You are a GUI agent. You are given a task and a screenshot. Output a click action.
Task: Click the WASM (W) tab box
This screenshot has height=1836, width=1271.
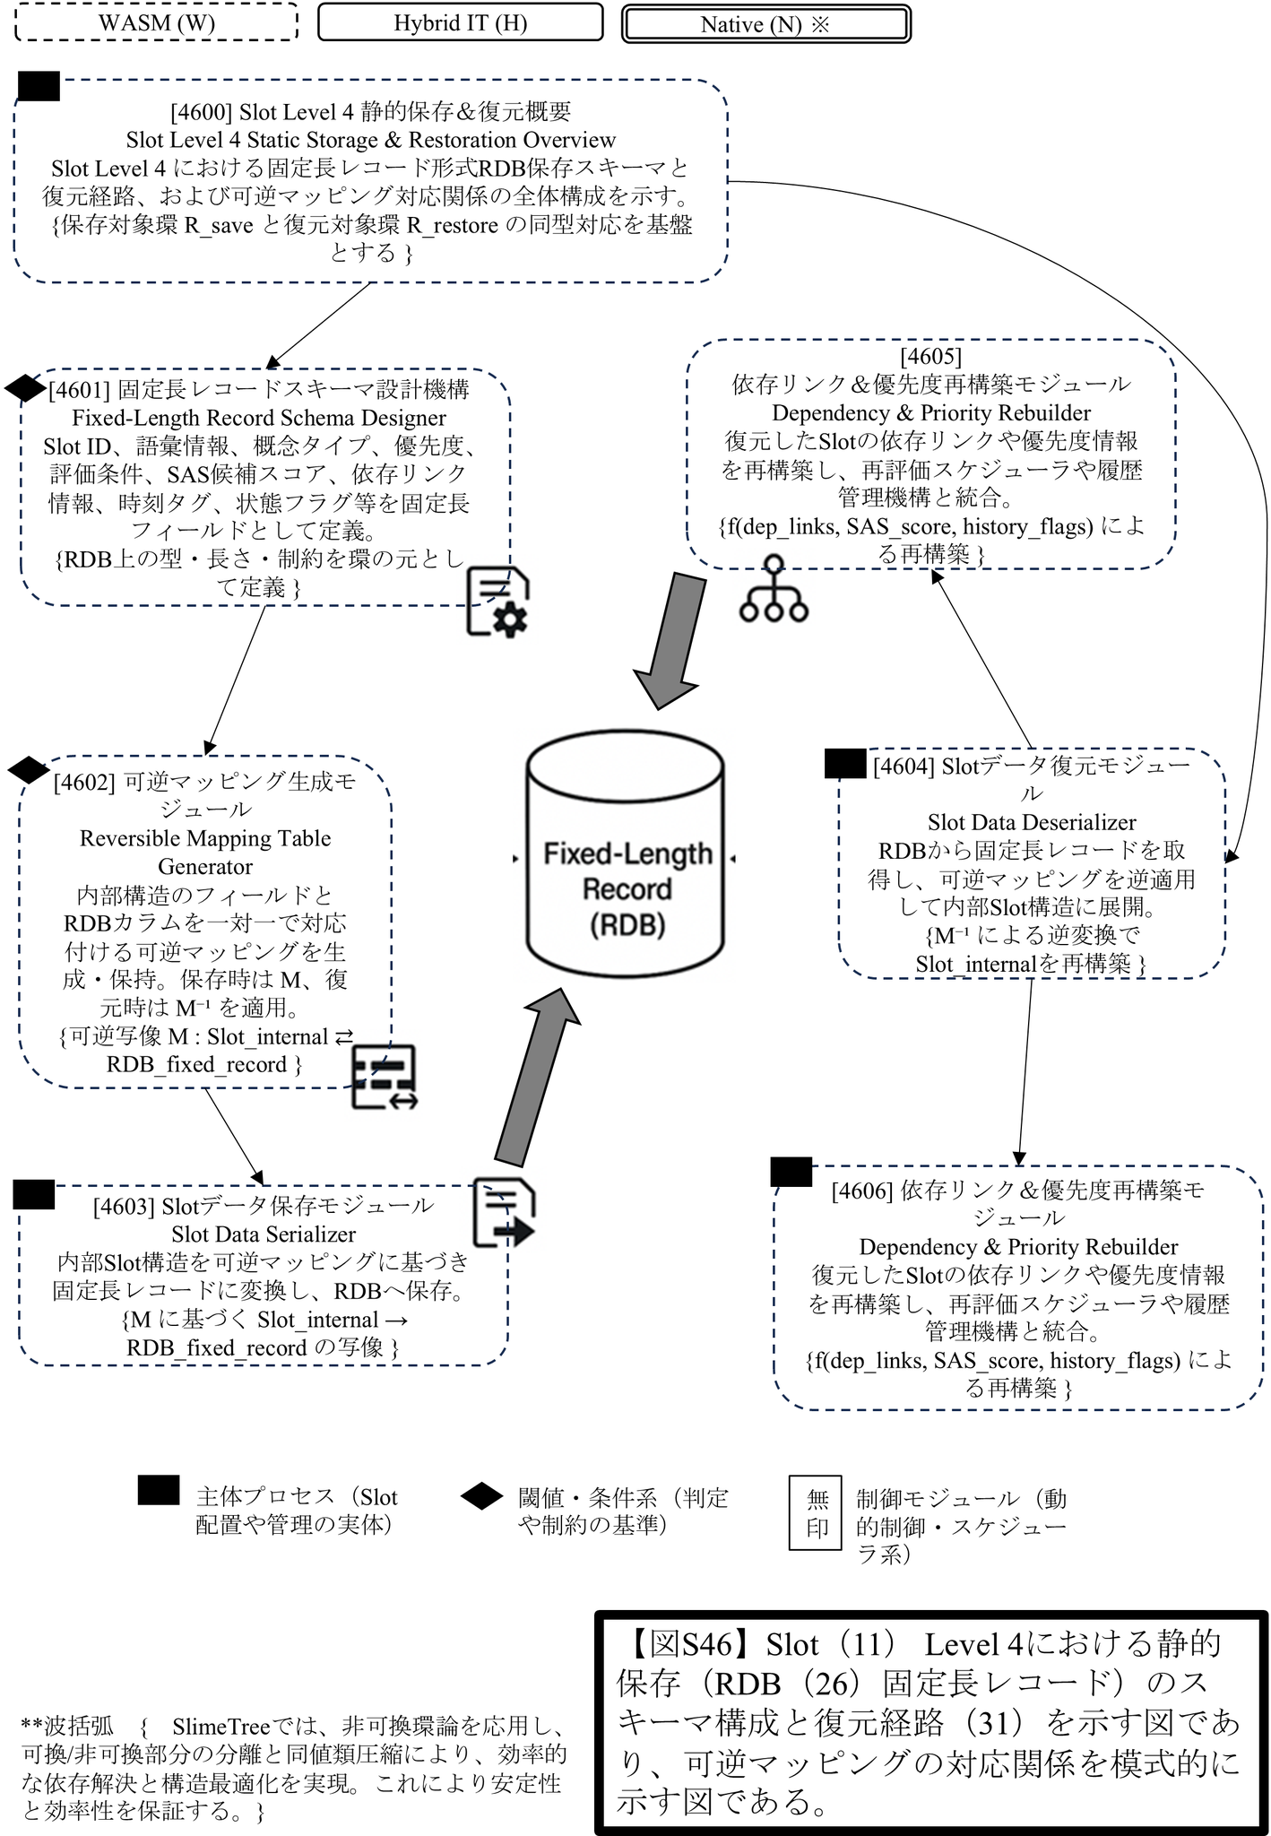(157, 22)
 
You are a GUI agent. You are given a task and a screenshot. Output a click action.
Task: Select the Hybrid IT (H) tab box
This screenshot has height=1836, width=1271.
(460, 22)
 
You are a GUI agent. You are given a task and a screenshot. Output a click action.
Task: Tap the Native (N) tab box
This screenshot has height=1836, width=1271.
(765, 24)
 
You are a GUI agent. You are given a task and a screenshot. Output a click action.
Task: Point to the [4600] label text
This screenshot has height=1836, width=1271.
(201, 112)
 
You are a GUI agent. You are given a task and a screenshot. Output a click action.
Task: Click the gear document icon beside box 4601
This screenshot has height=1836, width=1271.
(497, 602)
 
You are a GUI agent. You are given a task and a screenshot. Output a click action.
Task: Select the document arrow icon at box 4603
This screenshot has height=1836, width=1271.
(503, 1212)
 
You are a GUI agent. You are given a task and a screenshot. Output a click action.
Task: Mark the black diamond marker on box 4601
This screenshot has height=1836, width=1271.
(25, 388)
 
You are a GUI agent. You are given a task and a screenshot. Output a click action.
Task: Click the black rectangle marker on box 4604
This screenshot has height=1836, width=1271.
(844, 763)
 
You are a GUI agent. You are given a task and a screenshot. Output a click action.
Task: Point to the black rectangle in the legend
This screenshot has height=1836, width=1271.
(159, 1489)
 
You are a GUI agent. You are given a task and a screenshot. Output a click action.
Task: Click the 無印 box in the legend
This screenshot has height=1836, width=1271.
(816, 1513)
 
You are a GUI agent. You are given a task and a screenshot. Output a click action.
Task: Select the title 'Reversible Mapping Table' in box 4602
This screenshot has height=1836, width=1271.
(205, 838)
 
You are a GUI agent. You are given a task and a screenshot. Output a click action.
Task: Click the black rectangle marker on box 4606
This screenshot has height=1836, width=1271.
(791, 1172)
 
